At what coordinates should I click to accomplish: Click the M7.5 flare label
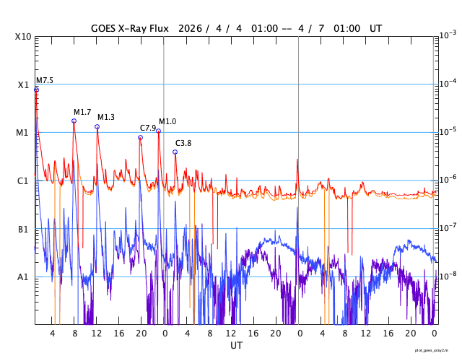pyautogui.click(x=45, y=81)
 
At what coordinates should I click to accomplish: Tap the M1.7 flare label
pyautogui.click(x=82, y=112)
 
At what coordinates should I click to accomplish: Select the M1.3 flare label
pyautogui.click(x=106, y=117)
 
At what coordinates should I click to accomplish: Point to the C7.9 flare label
pyautogui.click(x=148, y=128)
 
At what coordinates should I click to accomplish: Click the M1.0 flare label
pyautogui.click(x=167, y=121)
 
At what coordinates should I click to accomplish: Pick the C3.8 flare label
pyautogui.click(x=183, y=143)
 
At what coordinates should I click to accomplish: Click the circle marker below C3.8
pyautogui.click(x=175, y=152)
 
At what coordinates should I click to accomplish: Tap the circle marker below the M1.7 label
pyautogui.click(x=74, y=121)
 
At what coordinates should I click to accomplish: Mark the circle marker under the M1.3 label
pyautogui.click(x=97, y=126)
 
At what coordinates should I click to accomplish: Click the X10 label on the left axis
pyautogui.click(x=22, y=37)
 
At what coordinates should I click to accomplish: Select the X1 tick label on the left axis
pyautogui.click(x=22, y=85)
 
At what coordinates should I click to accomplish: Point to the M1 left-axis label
pyautogui.click(x=22, y=133)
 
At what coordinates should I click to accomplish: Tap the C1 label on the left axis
pyautogui.click(x=22, y=181)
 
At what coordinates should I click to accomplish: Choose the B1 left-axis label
pyautogui.click(x=22, y=230)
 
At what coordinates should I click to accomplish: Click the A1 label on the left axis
pyautogui.click(x=22, y=277)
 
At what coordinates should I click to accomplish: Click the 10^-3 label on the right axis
pyautogui.click(x=447, y=35)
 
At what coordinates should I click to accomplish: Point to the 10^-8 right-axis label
pyautogui.click(x=447, y=276)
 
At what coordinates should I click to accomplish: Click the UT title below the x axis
pyautogui.click(x=236, y=346)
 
